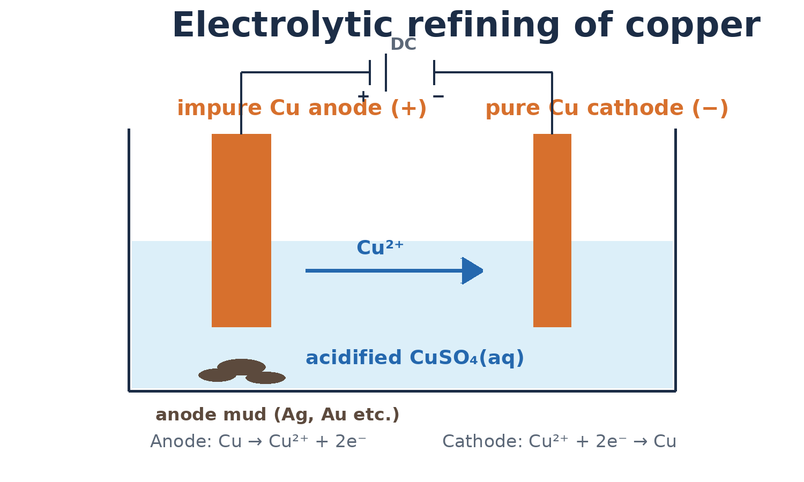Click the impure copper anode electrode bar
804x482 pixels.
(x=241, y=230)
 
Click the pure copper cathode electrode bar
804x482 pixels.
(x=552, y=230)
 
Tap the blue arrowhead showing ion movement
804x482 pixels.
(x=472, y=271)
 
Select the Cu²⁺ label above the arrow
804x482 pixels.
(x=380, y=247)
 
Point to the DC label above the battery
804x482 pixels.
(x=404, y=44)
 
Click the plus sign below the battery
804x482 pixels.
(x=363, y=96)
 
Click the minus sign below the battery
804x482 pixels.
(x=438, y=96)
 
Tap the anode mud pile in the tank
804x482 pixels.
(x=242, y=372)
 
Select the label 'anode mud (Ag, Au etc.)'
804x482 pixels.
(x=278, y=415)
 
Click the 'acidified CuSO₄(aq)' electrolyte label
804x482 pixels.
(x=414, y=358)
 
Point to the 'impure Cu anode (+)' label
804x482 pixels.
(x=302, y=108)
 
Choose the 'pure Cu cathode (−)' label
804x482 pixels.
(x=607, y=108)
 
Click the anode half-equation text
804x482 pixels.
(x=258, y=441)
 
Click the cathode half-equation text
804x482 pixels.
(x=559, y=441)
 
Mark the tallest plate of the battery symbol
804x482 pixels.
(x=386, y=72)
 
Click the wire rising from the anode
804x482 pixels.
(x=241, y=103)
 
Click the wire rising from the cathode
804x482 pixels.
(x=552, y=103)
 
